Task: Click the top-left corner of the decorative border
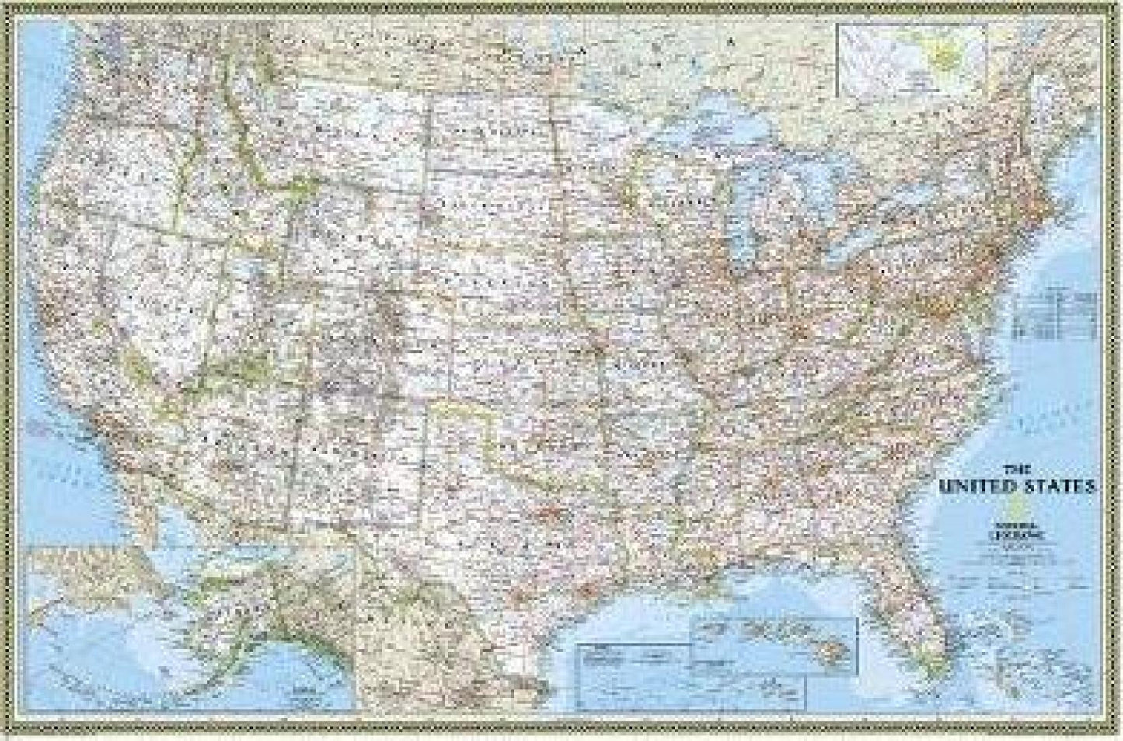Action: click(7, 6)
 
